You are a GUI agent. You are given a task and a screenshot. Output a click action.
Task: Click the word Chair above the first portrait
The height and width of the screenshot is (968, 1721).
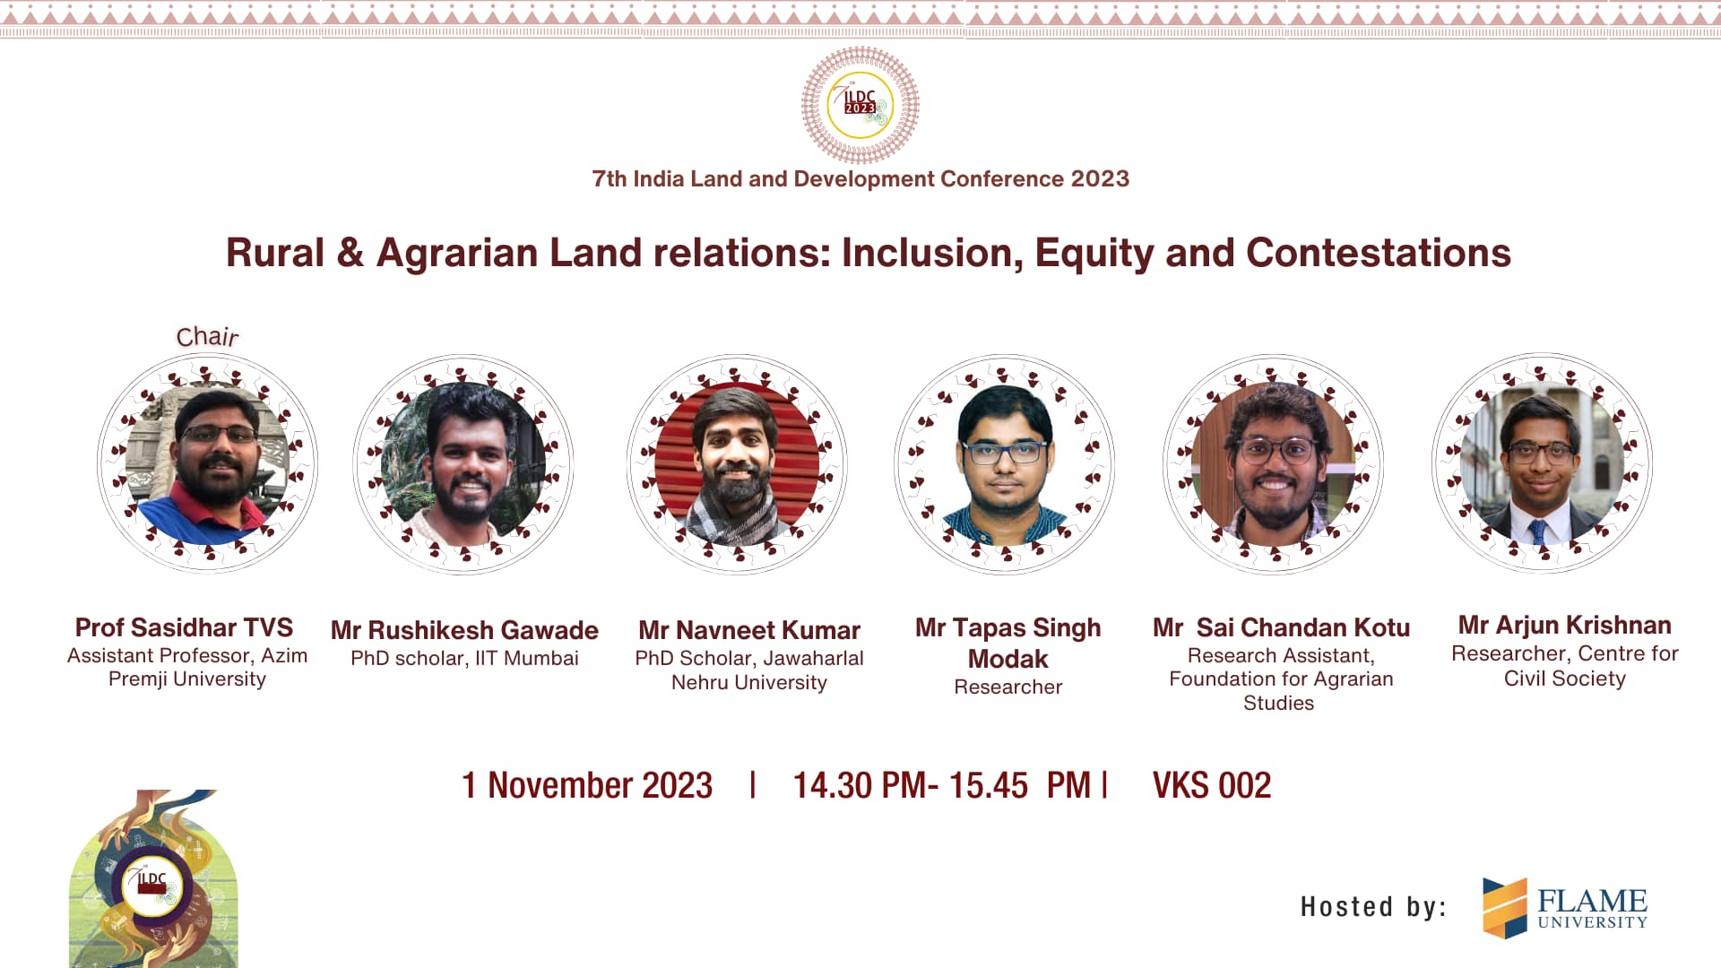click(207, 336)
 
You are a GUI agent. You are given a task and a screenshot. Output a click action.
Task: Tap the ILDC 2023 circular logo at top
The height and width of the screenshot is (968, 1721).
click(860, 105)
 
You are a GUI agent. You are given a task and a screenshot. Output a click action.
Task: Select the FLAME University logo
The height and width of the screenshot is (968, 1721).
click(1565, 907)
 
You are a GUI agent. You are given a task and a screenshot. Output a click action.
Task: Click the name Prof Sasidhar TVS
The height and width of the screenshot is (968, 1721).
click(185, 627)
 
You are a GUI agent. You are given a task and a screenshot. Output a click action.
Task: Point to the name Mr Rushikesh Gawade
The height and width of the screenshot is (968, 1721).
click(464, 630)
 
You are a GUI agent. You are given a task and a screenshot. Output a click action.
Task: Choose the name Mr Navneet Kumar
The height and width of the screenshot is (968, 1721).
click(749, 630)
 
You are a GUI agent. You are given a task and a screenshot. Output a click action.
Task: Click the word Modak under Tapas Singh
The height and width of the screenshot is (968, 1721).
click(1008, 659)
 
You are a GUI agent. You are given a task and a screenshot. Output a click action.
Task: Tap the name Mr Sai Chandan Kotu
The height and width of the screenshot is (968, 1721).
click(1281, 627)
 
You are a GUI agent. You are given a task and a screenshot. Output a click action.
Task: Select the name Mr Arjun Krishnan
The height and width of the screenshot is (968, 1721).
click(1565, 625)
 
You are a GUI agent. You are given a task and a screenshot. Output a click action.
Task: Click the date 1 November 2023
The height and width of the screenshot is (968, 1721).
click(587, 785)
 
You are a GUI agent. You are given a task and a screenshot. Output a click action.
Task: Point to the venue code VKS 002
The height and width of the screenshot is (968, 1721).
click(1212, 785)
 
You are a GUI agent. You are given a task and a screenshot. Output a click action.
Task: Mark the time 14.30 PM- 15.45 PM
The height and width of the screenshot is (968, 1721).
click(942, 785)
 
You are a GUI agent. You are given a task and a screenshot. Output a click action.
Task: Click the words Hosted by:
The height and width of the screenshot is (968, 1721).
click(1374, 906)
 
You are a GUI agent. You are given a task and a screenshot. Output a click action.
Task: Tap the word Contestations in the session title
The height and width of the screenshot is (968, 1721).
click(1379, 253)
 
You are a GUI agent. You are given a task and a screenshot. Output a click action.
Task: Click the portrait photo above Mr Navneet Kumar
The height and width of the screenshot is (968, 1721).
click(737, 464)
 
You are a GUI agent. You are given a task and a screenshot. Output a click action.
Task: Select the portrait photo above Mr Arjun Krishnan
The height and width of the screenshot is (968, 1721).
click(1542, 463)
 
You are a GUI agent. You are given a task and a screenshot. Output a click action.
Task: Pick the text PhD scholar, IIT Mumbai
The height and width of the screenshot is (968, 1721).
click(464, 658)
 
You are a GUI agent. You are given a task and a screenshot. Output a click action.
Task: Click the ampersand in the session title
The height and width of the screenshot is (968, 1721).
click(350, 253)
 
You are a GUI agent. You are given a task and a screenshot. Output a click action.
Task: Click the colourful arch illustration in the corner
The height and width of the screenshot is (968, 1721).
click(153, 878)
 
